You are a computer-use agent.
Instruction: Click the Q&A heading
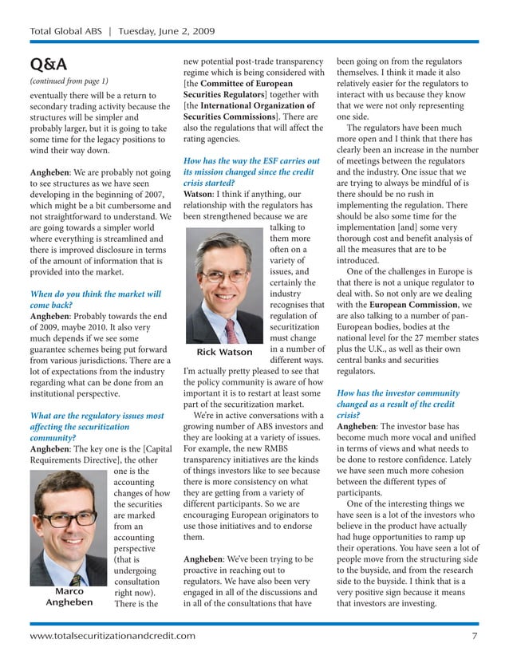[x=48, y=64]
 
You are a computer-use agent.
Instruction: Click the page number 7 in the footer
[x=474, y=635]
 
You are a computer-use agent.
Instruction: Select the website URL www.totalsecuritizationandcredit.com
[x=112, y=635]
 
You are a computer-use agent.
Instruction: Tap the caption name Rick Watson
[x=224, y=352]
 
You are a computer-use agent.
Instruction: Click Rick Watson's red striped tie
[x=231, y=329]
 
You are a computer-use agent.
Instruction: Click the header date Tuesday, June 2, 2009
[x=168, y=32]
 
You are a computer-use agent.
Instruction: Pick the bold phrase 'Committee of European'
[x=247, y=84]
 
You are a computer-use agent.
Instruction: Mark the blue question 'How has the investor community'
[x=398, y=394]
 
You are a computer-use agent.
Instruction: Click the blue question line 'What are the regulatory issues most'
[x=97, y=416]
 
